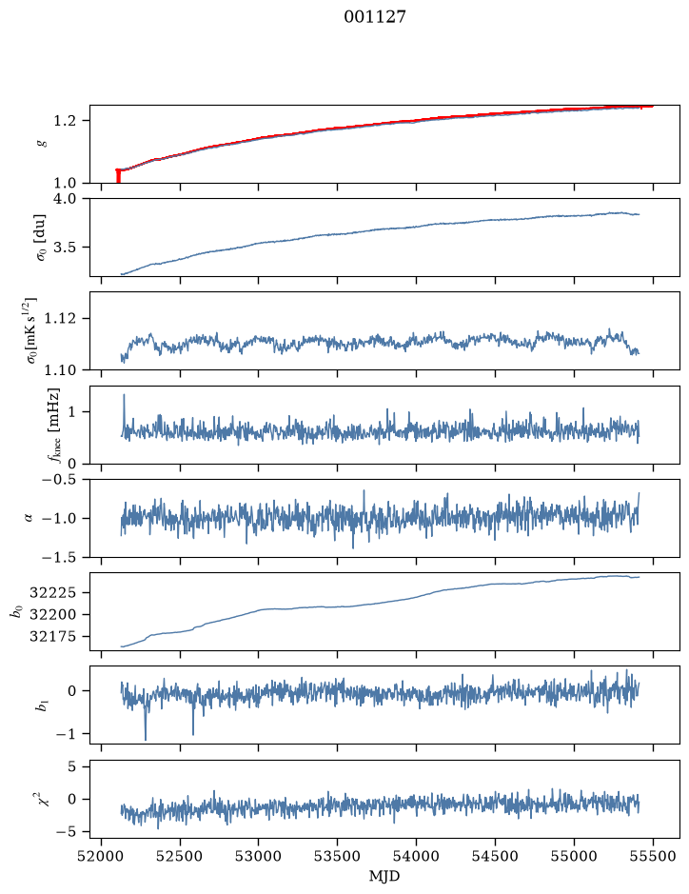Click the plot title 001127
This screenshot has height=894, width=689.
374,16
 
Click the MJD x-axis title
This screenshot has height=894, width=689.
384,876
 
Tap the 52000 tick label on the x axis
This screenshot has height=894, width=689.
102,856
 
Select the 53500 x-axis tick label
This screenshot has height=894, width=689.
338,856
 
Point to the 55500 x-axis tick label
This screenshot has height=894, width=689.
653,856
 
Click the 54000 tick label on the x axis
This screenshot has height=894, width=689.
416,856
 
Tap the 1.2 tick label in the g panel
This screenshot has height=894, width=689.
65,121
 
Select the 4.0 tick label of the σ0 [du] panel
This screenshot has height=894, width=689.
65,199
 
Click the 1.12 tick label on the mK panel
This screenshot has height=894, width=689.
60,318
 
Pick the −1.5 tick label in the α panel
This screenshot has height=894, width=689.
59,557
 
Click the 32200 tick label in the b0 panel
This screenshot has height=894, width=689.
52,615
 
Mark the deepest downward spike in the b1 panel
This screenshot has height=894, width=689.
146,740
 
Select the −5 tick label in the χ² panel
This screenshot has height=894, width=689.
66,832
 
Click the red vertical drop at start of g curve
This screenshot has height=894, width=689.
118,176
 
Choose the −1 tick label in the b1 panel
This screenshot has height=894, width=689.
66,734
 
